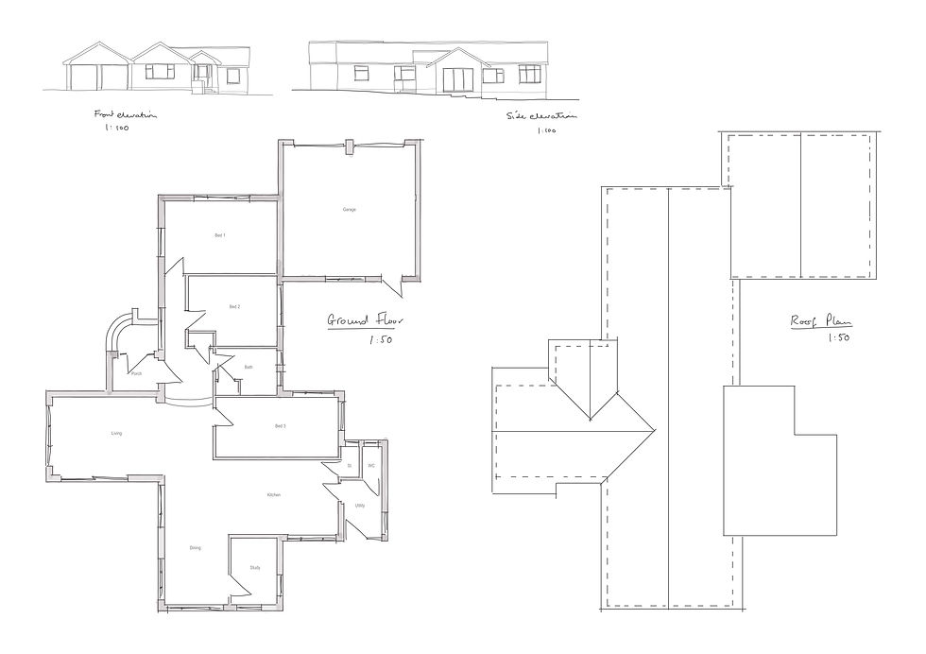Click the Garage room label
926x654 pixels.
point(349,209)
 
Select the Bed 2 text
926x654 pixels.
point(234,307)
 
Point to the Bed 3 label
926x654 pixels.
point(280,426)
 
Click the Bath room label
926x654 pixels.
point(248,367)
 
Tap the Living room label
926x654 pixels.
point(116,434)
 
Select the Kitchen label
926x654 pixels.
point(273,494)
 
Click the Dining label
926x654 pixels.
point(195,547)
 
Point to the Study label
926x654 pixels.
point(255,567)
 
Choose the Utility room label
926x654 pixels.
point(360,506)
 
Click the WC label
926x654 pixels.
point(371,466)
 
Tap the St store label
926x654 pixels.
point(350,466)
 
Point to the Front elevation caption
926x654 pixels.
point(125,114)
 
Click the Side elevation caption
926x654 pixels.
point(540,116)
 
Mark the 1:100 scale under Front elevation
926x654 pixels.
point(117,129)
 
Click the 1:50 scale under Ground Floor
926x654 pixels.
point(381,338)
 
